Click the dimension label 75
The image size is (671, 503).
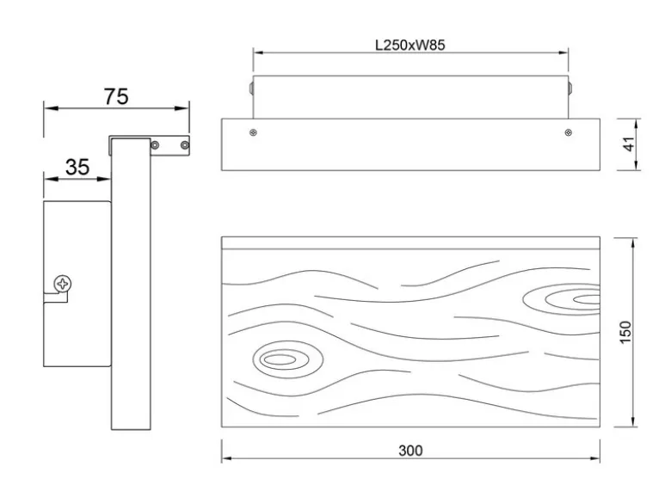(116, 96)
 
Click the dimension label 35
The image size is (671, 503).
(77, 167)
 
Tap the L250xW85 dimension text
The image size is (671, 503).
(410, 45)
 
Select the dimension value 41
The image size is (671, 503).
(628, 144)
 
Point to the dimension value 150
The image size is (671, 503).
(625, 332)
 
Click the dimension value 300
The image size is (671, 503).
(410, 451)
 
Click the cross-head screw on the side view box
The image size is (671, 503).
(63, 284)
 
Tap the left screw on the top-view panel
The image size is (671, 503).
(253, 132)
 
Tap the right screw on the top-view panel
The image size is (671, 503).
(569, 132)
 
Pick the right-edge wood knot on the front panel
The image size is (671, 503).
(562, 299)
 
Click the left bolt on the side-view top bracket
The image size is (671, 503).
(155, 145)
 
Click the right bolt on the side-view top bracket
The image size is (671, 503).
(184, 145)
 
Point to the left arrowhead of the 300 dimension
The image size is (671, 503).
(227, 458)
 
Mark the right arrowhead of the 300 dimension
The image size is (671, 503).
(594, 458)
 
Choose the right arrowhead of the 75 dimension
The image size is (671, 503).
(183, 108)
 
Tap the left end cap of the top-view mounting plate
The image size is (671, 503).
(251, 88)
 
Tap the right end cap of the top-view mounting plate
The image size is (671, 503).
(570, 88)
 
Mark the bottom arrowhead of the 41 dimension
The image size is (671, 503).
(637, 165)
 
